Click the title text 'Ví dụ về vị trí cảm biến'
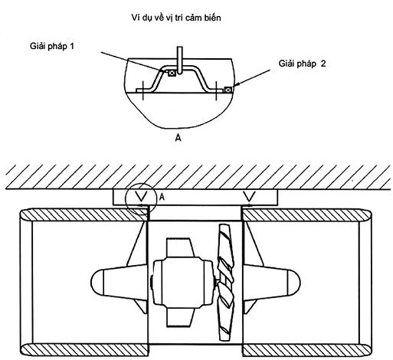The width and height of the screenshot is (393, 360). click(x=176, y=18)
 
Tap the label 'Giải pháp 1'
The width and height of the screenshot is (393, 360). click(x=52, y=46)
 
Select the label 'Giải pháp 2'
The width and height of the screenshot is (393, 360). click(x=302, y=64)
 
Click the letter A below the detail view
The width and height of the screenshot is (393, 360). click(x=178, y=138)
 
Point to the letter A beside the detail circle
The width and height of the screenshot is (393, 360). click(x=162, y=197)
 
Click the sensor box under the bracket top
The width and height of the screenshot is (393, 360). click(x=172, y=73)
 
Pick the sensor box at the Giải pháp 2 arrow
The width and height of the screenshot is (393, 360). click(x=228, y=90)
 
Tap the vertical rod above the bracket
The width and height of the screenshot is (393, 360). click(x=180, y=61)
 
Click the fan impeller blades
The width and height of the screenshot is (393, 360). click(x=225, y=283)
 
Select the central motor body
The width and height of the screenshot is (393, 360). click(x=183, y=283)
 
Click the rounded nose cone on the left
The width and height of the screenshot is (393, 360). click(x=97, y=283)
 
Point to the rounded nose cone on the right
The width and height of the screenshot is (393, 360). click(x=293, y=283)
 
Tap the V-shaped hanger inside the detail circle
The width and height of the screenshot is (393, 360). click(x=142, y=196)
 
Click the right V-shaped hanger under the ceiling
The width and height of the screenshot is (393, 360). click(x=250, y=196)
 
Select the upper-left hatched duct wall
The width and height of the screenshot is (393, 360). click(x=84, y=215)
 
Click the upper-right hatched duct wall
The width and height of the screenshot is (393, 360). click(x=307, y=215)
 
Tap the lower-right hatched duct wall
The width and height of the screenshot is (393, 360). click(x=307, y=350)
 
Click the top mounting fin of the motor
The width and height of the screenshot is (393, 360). click(x=180, y=247)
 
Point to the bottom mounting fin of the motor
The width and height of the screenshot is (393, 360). click(x=180, y=317)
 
